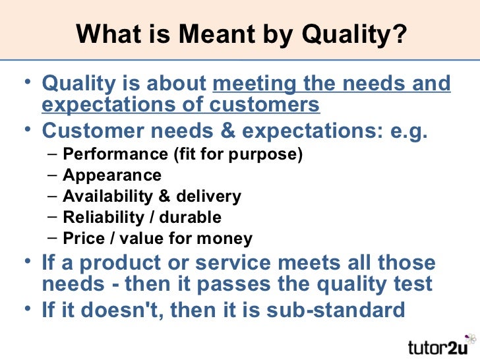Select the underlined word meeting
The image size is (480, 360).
tap(256, 85)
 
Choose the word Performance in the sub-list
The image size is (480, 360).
tap(106, 155)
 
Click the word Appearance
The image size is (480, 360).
tap(111, 175)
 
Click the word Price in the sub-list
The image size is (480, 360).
tap(80, 238)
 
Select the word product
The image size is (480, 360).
tap(110, 263)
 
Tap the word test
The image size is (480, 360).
tap(413, 284)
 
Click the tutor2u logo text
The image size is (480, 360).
tap(438, 345)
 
